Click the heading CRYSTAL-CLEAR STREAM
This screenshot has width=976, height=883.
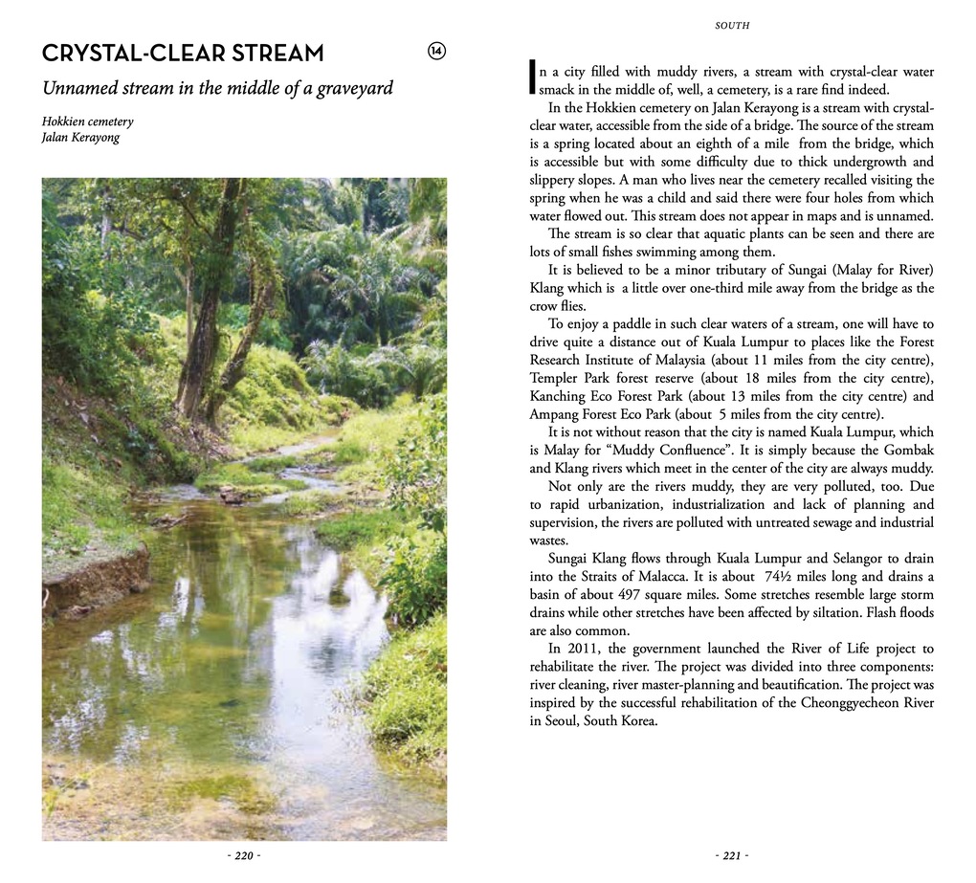[183, 53]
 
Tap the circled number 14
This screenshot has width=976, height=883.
[436, 52]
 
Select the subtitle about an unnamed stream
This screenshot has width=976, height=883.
[217, 89]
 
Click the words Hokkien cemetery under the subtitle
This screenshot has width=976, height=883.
[87, 121]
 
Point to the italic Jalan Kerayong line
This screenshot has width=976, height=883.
[80, 137]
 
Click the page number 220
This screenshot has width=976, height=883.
[244, 856]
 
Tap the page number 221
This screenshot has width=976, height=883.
[732, 856]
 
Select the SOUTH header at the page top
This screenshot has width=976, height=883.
[732, 26]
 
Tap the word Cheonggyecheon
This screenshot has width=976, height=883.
[843, 703]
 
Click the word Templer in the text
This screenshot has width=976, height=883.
[553, 378]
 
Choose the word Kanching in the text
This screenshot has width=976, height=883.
[557, 396]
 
